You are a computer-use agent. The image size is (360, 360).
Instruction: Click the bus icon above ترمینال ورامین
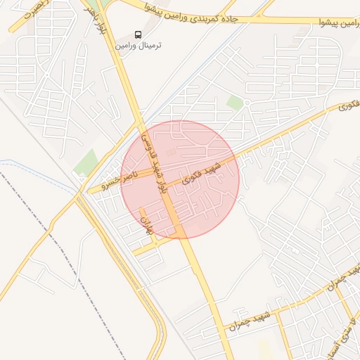point(139,34)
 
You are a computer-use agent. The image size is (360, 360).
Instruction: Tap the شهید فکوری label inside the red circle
point(202,173)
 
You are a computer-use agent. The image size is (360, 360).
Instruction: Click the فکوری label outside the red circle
point(349,106)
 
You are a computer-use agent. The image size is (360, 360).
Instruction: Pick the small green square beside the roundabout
point(235,103)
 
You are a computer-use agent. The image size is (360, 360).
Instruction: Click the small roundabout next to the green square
point(247,103)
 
